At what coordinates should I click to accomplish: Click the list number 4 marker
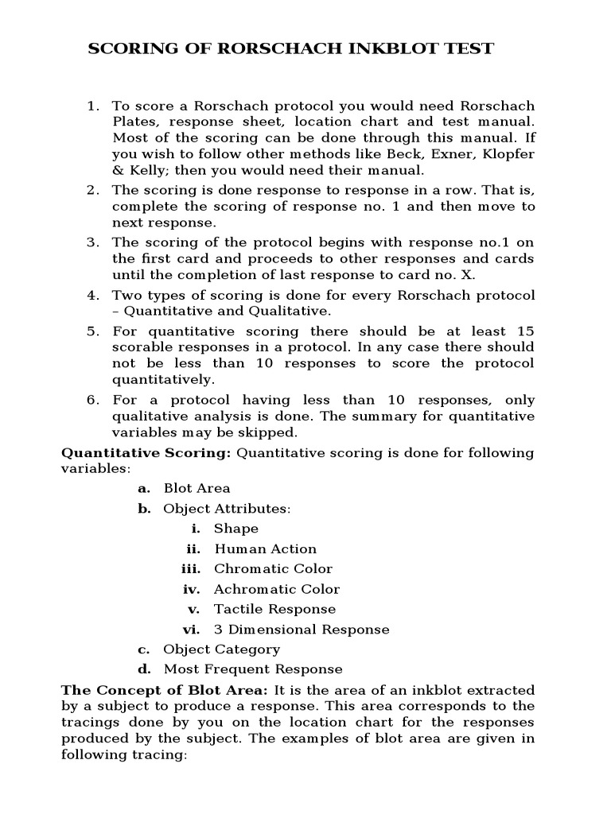pos(93,295)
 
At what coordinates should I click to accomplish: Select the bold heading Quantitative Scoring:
pos(146,453)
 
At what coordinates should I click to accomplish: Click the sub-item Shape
pos(236,529)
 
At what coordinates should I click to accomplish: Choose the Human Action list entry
pos(265,548)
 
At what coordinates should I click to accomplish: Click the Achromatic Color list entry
pos(276,589)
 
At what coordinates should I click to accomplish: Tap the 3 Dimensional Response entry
pos(302,630)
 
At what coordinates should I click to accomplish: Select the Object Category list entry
pos(221,649)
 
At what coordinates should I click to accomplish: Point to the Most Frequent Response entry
pos(253,669)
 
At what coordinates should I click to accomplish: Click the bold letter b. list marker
pos(144,509)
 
